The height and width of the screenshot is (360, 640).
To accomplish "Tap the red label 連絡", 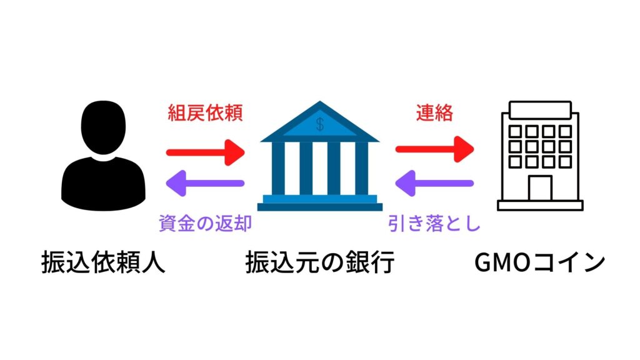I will pyautogui.click(x=434, y=113).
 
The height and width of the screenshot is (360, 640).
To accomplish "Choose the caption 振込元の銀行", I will pyautogui.click(x=320, y=263).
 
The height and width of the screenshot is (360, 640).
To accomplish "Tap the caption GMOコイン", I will pyautogui.click(x=540, y=263).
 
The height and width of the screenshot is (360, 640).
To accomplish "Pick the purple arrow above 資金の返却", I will pyautogui.click(x=203, y=183).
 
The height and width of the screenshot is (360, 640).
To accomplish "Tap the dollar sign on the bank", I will pyautogui.click(x=320, y=124).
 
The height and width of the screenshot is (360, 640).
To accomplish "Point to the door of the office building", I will pyautogui.click(x=540, y=187).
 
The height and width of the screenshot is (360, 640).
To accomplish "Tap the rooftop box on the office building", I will pyautogui.click(x=540, y=110).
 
